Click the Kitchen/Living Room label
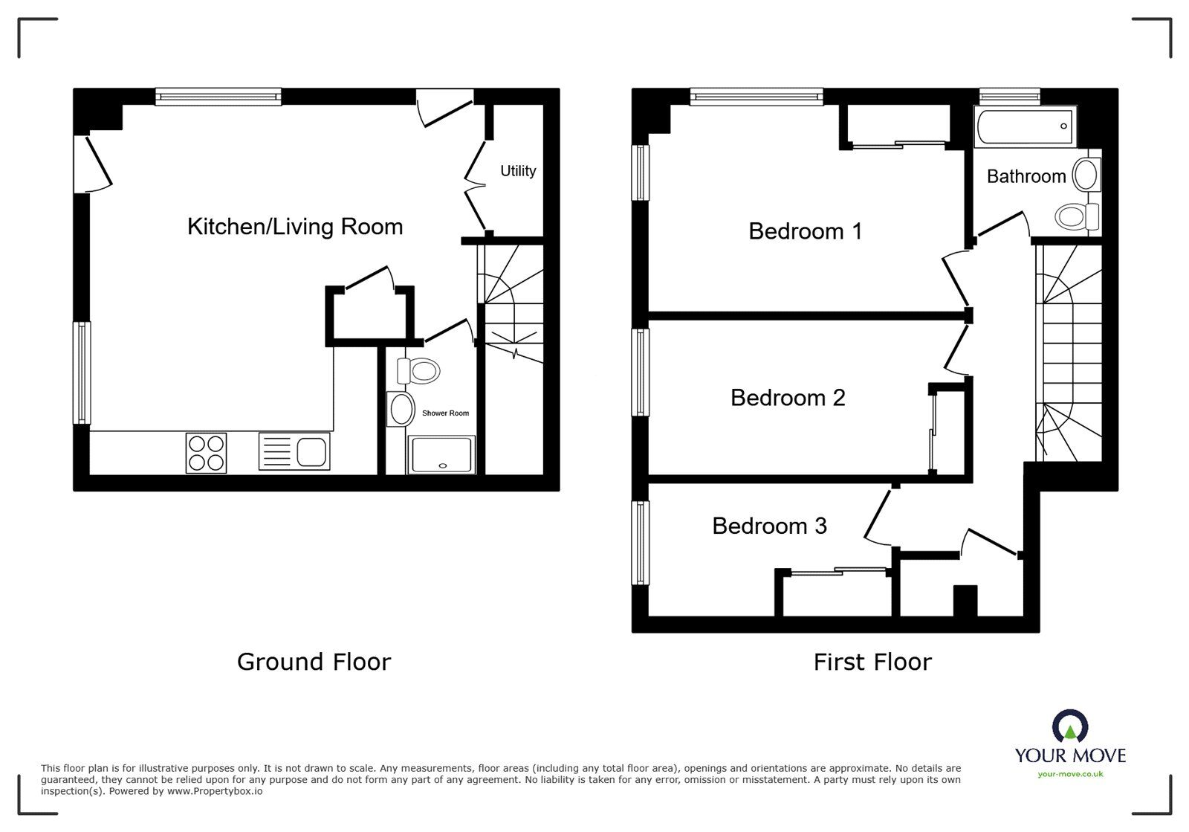click(295, 227)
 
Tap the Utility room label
click(518, 171)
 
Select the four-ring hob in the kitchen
click(207, 453)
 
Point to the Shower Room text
click(445, 413)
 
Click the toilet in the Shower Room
click(418, 370)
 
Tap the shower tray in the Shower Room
click(441, 454)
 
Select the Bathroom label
click(1026, 176)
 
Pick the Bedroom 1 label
click(805, 231)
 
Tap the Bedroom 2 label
click(788, 398)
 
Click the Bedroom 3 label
click(769, 526)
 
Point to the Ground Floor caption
click(314, 662)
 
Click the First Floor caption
click(872, 662)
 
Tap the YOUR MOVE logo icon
click(1070, 726)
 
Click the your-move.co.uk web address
click(1070, 774)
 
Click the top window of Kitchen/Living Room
click(218, 96)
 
